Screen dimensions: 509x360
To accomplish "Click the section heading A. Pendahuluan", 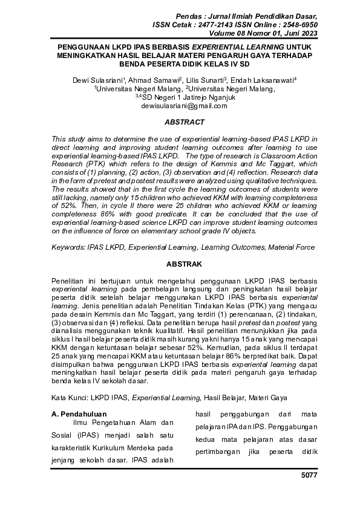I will point(80,414).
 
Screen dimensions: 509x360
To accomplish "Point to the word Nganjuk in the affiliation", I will point(213,97).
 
